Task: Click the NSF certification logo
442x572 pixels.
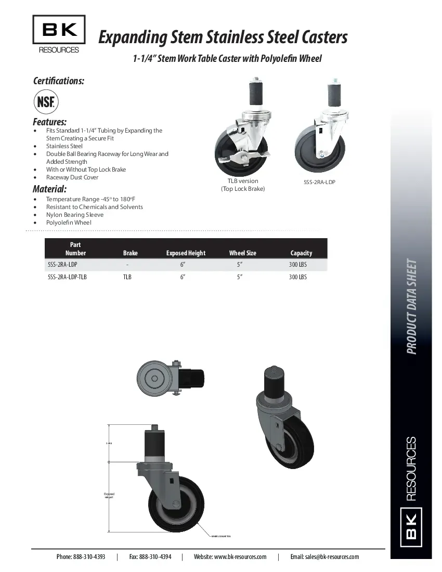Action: click(x=46, y=101)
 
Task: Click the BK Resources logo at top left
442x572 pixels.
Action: click(x=59, y=34)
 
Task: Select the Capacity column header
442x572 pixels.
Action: click(x=301, y=253)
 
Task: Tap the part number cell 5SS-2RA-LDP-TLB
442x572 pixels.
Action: click(x=67, y=277)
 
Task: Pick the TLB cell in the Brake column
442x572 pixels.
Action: click(x=127, y=277)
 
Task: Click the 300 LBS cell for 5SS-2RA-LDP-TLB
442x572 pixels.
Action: click(x=298, y=277)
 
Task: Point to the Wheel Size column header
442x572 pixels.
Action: click(x=243, y=253)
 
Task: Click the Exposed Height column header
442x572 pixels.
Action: click(x=186, y=253)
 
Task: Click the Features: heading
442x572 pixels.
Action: click(x=49, y=122)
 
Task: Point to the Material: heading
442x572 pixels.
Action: click(x=49, y=189)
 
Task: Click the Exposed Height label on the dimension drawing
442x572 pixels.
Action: click(x=109, y=496)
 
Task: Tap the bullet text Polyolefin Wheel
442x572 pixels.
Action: click(x=69, y=223)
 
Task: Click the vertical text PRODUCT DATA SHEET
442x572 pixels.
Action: click(x=412, y=307)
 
